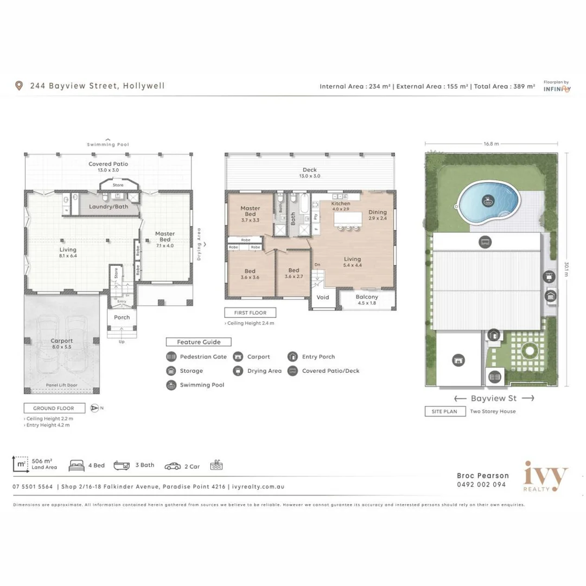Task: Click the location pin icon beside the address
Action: pos(20,86)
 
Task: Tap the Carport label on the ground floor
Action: pos(62,341)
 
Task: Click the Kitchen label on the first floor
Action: pos(341,203)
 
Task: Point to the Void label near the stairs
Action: pos(323,297)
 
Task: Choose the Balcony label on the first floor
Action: pos(367,297)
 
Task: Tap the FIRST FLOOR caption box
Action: pos(250,313)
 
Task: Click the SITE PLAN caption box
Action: pos(444,411)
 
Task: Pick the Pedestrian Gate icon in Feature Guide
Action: pos(171,357)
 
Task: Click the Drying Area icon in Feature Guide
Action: pos(238,371)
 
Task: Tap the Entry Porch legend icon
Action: pos(292,357)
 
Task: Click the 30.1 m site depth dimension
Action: pos(566,269)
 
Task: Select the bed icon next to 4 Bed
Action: pos(77,466)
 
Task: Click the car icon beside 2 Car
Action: pos(173,466)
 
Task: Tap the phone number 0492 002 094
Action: pos(481,485)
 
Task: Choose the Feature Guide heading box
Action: pos(198,342)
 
